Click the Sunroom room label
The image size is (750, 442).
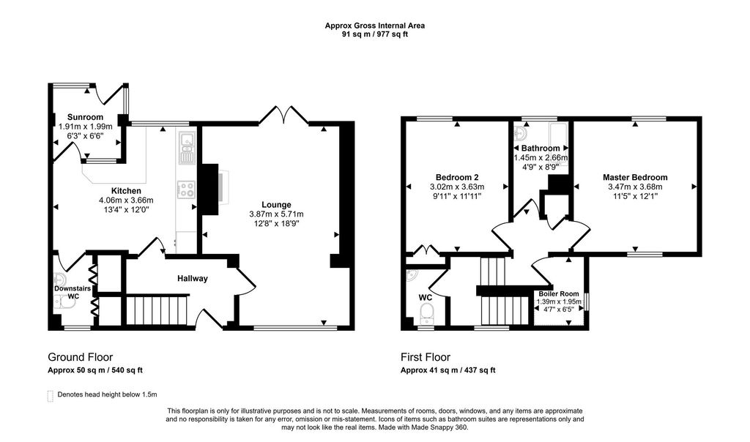pyautogui.click(x=85, y=117)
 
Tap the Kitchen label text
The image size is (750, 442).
pyautogui.click(x=126, y=191)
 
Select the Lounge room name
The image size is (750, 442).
pyautogui.click(x=276, y=204)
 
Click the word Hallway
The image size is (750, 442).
pyautogui.click(x=193, y=278)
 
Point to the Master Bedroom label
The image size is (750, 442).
pyautogui.click(x=635, y=177)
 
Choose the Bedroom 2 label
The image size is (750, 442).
pyautogui.click(x=457, y=177)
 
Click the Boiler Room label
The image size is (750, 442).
pyautogui.click(x=559, y=294)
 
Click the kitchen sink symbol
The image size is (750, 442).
pyautogui.click(x=186, y=146)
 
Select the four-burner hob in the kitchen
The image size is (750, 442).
pyautogui.click(x=186, y=190)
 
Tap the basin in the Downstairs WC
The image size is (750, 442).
pyautogui.click(x=60, y=279)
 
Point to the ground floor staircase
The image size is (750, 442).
pyautogui.click(x=157, y=311)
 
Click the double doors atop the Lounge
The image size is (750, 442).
pyautogui.click(x=283, y=115)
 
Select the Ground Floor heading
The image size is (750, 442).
pyautogui.click(x=81, y=357)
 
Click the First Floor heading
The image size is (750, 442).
pyautogui.click(x=426, y=357)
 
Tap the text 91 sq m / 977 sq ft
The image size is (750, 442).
pyautogui.click(x=375, y=34)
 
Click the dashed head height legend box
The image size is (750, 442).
pyautogui.click(x=51, y=396)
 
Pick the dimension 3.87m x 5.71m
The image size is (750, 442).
pyautogui.click(x=276, y=214)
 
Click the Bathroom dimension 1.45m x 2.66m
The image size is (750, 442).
pyautogui.click(x=541, y=157)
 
